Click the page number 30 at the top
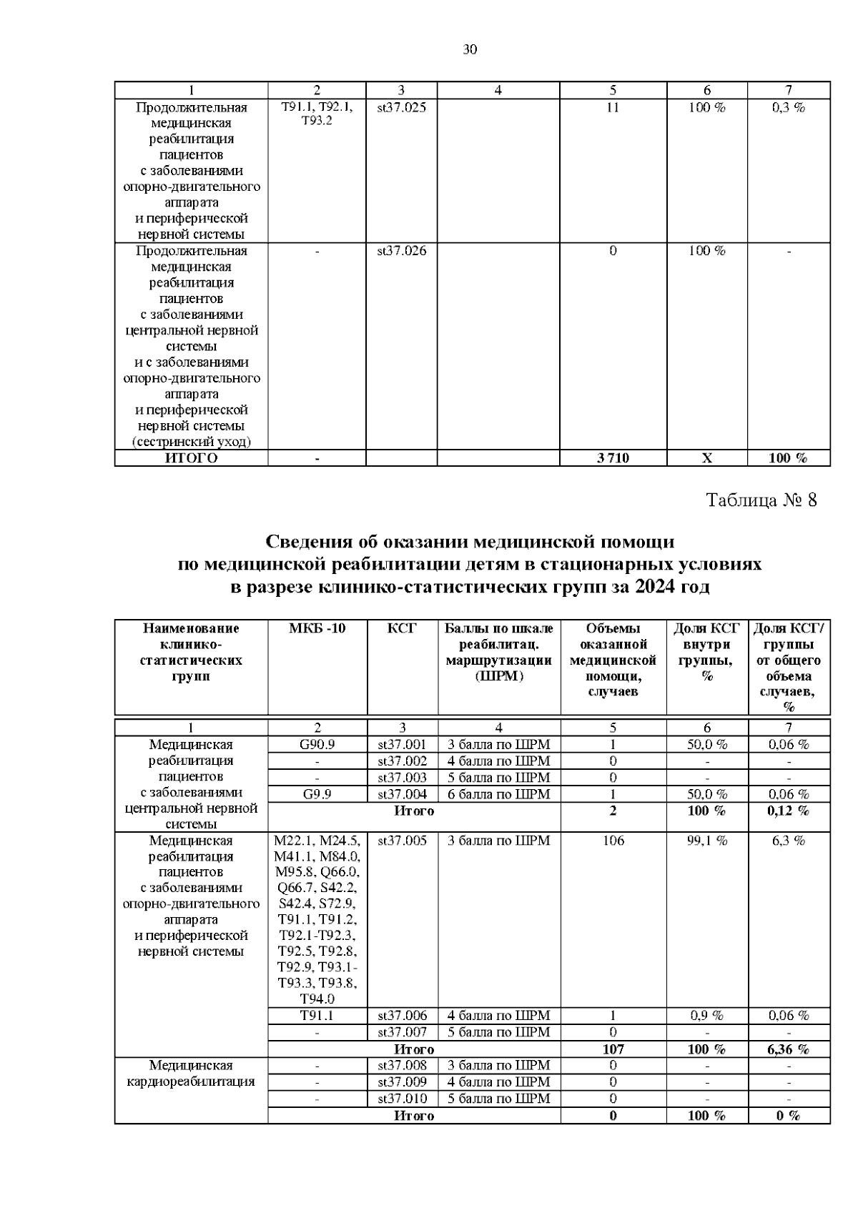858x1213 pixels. coord(470,49)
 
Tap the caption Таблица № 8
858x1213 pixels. coord(761,500)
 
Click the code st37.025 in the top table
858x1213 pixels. coord(402,108)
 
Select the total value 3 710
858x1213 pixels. coord(613,458)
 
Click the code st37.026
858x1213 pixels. coord(402,251)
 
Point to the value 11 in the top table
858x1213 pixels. coord(613,108)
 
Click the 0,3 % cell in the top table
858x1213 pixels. coord(789,108)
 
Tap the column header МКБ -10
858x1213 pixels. coord(317,628)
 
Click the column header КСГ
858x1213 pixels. coord(402,628)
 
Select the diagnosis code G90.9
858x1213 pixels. coord(317,744)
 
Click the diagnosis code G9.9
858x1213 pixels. coord(317,794)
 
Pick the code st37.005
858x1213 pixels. coord(402,841)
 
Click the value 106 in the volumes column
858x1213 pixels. coord(613,841)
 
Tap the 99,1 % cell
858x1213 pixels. coord(706,841)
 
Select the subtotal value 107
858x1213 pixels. coord(613,1049)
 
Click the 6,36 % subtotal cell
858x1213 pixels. coord(789,1049)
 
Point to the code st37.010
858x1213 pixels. coord(402,1099)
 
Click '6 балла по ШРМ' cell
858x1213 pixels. coord(498,794)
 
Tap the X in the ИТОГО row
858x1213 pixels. coord(706,458)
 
